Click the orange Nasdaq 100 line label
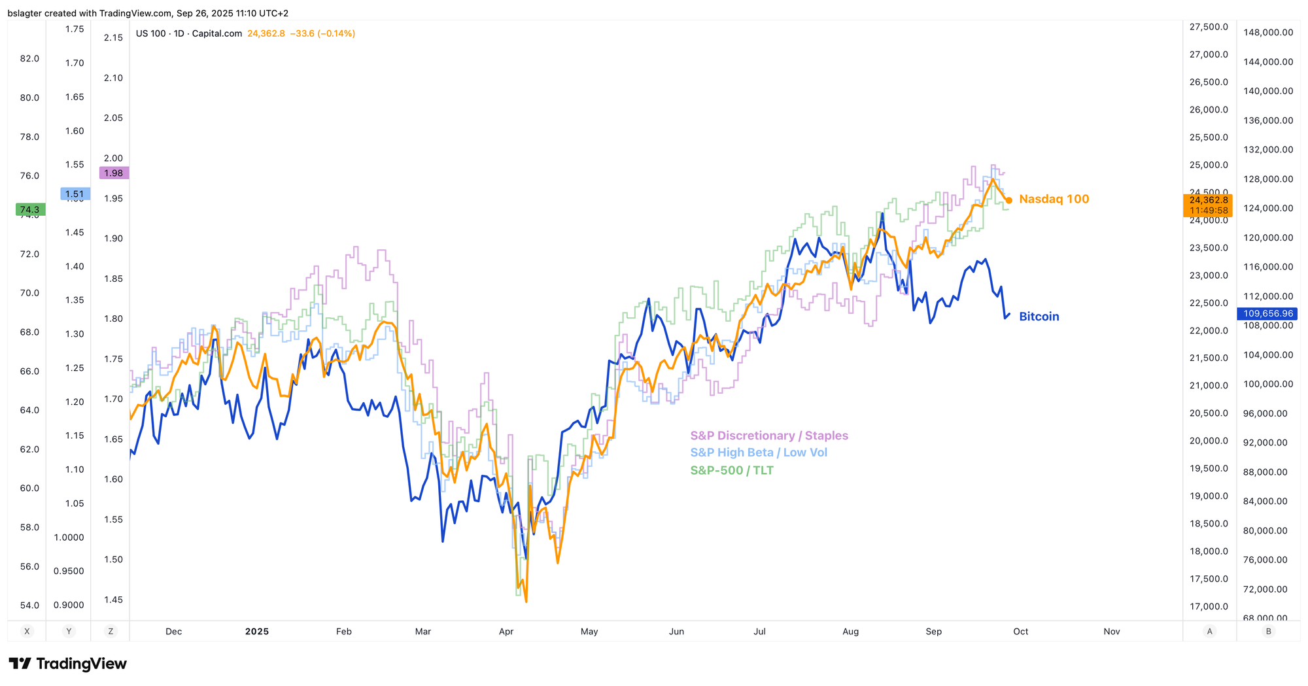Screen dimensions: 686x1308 click(x=1054, y=199)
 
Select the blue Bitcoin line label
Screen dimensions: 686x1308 click(x=1039, y=317)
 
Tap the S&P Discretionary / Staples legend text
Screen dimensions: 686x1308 click(x=769, y=436)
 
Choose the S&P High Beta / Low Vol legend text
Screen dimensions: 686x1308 click(x=759, y=453)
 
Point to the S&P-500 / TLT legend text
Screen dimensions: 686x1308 click(x=732, y=470)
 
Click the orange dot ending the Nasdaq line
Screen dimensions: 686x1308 click(x=1009, y=200)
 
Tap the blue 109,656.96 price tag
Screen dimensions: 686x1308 click(x=1268, y=314)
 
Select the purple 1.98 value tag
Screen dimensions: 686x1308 click(x=114, y=173)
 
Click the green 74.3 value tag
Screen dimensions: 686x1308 click(x=30, y=210)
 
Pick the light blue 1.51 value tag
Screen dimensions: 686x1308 click(x=75, y=194)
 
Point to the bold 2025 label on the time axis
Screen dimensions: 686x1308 click(x=256, y=632)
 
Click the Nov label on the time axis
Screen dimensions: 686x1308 click(x=1112, y=632)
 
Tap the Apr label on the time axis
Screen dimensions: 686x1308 click(x=506, y=632)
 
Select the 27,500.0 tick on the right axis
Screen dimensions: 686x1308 click(x=1208, y=27)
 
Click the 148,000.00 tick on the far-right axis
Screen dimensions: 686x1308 click(x=1268, y=33)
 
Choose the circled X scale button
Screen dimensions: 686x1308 click(x=27, y=631)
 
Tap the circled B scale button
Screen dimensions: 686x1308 click(x=1269, y=631)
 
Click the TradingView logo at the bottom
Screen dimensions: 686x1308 click(x=67, y=664)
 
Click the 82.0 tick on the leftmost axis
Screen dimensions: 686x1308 click(x=29, y=58)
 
